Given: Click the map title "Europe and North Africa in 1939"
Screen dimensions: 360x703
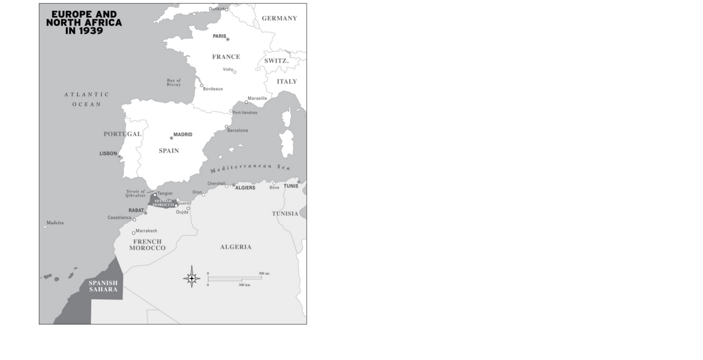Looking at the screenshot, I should (x=84, y=22).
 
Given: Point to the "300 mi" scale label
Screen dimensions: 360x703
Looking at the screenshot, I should (x=264, y=273).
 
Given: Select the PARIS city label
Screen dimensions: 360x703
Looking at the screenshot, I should (x=219, y=36).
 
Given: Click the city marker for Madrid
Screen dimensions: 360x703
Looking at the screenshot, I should (x=171, y=138).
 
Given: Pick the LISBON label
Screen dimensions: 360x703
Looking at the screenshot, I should (x=108, y=154).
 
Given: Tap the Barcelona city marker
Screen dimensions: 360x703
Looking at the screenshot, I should (x=226, y=127).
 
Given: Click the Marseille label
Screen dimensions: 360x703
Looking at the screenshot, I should (x=257, y=98).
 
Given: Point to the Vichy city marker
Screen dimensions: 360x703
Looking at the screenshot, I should (x=234, y=72).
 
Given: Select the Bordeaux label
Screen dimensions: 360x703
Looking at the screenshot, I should (x=213, y=89).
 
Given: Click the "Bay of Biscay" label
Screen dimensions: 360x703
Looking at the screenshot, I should (x=174, y=82).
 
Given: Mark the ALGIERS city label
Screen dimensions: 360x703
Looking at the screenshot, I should (x=245, y=188).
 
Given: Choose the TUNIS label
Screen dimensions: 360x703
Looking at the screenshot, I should (x=291, y=186).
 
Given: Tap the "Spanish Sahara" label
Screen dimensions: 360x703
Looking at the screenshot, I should (x=103, y=286).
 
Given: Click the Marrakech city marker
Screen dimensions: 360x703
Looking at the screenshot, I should (x=134, y=233).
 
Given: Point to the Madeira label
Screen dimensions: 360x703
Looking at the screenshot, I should (x=55, y=223).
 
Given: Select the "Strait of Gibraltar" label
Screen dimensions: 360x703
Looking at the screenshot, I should (x=136, y=193).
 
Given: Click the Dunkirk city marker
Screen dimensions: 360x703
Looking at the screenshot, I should (x=227, y=10).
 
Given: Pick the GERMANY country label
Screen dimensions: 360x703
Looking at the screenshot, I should (x=279, y=18).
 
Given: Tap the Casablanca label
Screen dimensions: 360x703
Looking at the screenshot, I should (x=120, y=217).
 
